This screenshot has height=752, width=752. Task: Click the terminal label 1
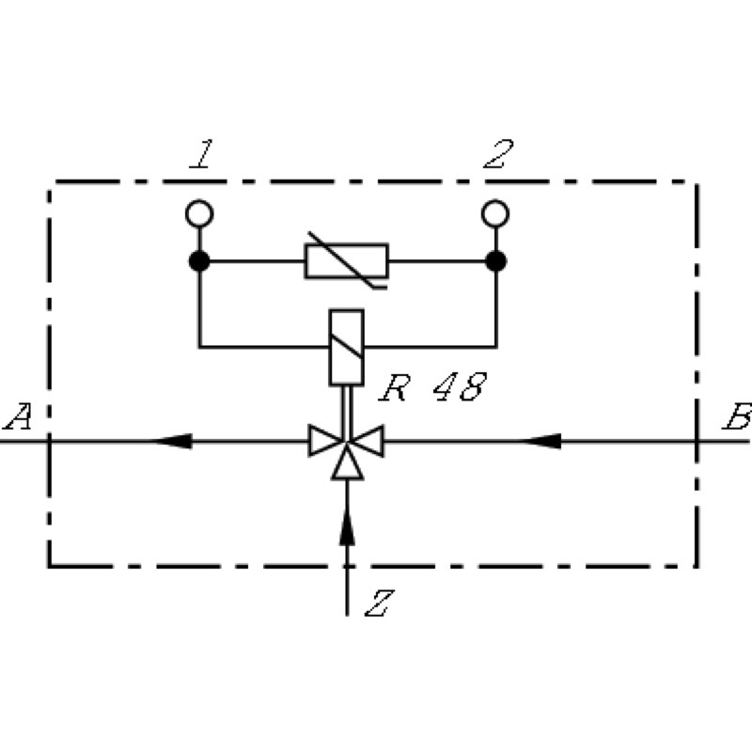click(202, 154)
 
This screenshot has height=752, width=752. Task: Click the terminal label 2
click(499, 154)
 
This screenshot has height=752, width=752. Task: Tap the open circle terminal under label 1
click(199, 213)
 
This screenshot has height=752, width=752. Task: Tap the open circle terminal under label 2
click(495, 213)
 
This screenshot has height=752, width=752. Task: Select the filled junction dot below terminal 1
click(199, 261)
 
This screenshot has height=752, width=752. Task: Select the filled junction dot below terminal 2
click(496, 261)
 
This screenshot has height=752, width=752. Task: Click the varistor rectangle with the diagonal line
click(347, 261)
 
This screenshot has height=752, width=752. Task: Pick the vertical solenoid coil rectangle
click(346, 347)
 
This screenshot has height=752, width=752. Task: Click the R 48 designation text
click(433, 387)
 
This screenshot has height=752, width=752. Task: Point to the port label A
click(18, 416)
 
